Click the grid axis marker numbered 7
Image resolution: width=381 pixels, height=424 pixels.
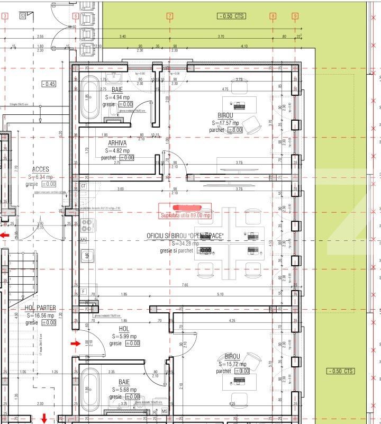[170, 16]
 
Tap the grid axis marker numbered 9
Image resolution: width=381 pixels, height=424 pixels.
[295, 16]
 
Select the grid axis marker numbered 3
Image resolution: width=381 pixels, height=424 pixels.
[5, 16]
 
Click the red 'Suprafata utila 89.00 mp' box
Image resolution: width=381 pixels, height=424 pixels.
[186, 211]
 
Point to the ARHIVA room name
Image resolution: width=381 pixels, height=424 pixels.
[117, 143]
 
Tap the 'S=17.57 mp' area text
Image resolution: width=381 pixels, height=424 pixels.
[224, 123]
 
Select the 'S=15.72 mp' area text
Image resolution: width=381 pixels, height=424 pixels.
[232, 364]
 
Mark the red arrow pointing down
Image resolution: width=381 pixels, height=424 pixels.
[44, 419]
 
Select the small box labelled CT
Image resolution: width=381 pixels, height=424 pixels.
[83, 186]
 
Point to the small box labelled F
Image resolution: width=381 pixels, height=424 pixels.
[83, 292]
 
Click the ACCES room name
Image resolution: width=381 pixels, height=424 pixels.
[40, 169]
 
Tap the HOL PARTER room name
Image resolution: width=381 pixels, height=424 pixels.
[40, 308]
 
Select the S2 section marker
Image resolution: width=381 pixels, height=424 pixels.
[23, 16]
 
